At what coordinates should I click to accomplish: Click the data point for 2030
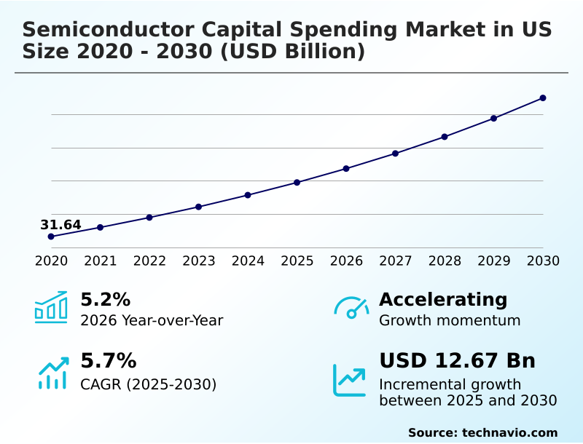click(543, 98)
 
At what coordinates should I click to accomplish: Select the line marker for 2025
click(297, 182)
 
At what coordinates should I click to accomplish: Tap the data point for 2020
click(51, 237)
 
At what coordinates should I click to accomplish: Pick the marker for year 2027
click(396, 154)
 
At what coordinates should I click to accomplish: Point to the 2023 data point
click(198, 207)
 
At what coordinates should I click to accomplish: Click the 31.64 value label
click(60, 225)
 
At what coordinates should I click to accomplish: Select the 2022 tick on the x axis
click(149, 261)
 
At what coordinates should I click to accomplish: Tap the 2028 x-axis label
click(445, 261)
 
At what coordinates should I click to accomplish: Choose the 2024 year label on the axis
click(248, 261)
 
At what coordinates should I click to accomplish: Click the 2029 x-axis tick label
click(493, 261)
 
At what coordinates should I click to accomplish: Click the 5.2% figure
click(105, 299)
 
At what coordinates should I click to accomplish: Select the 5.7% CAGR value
click(108, 360)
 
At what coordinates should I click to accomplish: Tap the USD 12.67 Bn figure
click(457, 360)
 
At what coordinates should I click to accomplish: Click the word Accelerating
click(443, 299)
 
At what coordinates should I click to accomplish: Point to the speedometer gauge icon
click(351, 307)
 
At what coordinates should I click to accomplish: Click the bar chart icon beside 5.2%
click(51, 307)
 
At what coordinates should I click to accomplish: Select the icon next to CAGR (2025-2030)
click(52, 373)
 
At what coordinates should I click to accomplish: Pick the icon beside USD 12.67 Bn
click(350, 380)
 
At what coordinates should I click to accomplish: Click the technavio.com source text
click(509, 432)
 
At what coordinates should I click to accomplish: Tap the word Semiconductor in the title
click(102, 30)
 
